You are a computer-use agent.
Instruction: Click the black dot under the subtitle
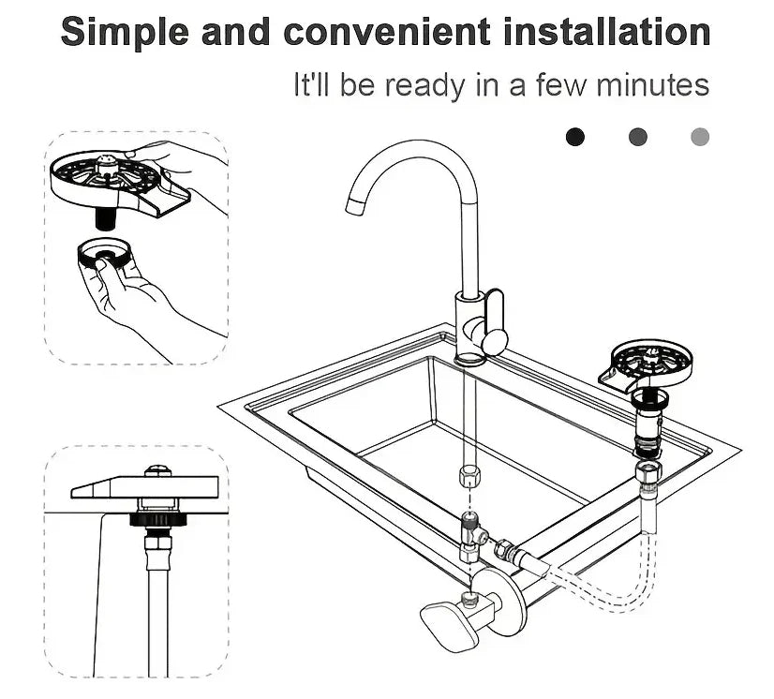point(575,137)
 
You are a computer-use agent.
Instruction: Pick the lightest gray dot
point(700,137)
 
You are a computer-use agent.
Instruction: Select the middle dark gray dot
point(638,137)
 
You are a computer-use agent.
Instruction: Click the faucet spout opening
point(354,206)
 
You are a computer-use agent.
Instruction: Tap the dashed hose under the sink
point(600,590)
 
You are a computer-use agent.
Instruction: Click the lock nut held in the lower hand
point(105,255)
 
